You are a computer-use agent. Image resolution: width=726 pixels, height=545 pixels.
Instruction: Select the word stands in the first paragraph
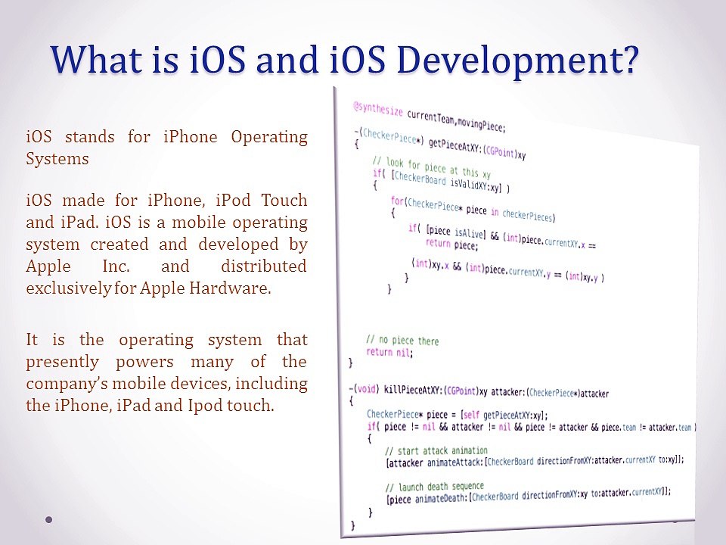(x=90, y=137)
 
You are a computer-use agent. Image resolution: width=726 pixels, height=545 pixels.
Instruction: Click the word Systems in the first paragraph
(x=57, y=159)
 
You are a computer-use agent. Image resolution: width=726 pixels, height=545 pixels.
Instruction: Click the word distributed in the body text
(x=264, y=266)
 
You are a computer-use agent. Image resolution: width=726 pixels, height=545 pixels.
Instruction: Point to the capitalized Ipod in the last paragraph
(x=204, y=405)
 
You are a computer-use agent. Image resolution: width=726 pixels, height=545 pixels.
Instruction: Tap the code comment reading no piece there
(x=402, y=341)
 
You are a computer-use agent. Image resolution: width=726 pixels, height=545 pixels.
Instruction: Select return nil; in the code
(x=389, y=352)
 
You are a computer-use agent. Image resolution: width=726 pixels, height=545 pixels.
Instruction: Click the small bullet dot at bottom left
(x=49, y=520)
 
